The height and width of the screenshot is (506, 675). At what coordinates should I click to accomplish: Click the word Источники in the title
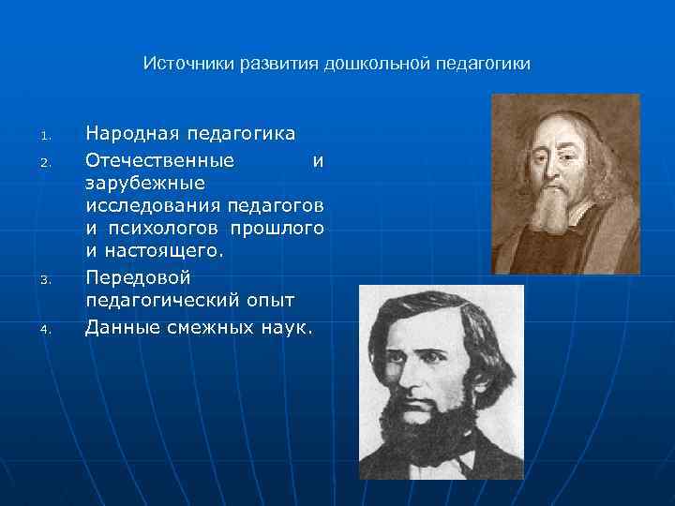pyautogui.click(x=187, y=64)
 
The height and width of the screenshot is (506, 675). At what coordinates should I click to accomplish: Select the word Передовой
pyautogui.click(x=138, y=277)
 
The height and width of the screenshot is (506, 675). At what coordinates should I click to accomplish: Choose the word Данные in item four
pyautogui.click(x=120, y=326)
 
